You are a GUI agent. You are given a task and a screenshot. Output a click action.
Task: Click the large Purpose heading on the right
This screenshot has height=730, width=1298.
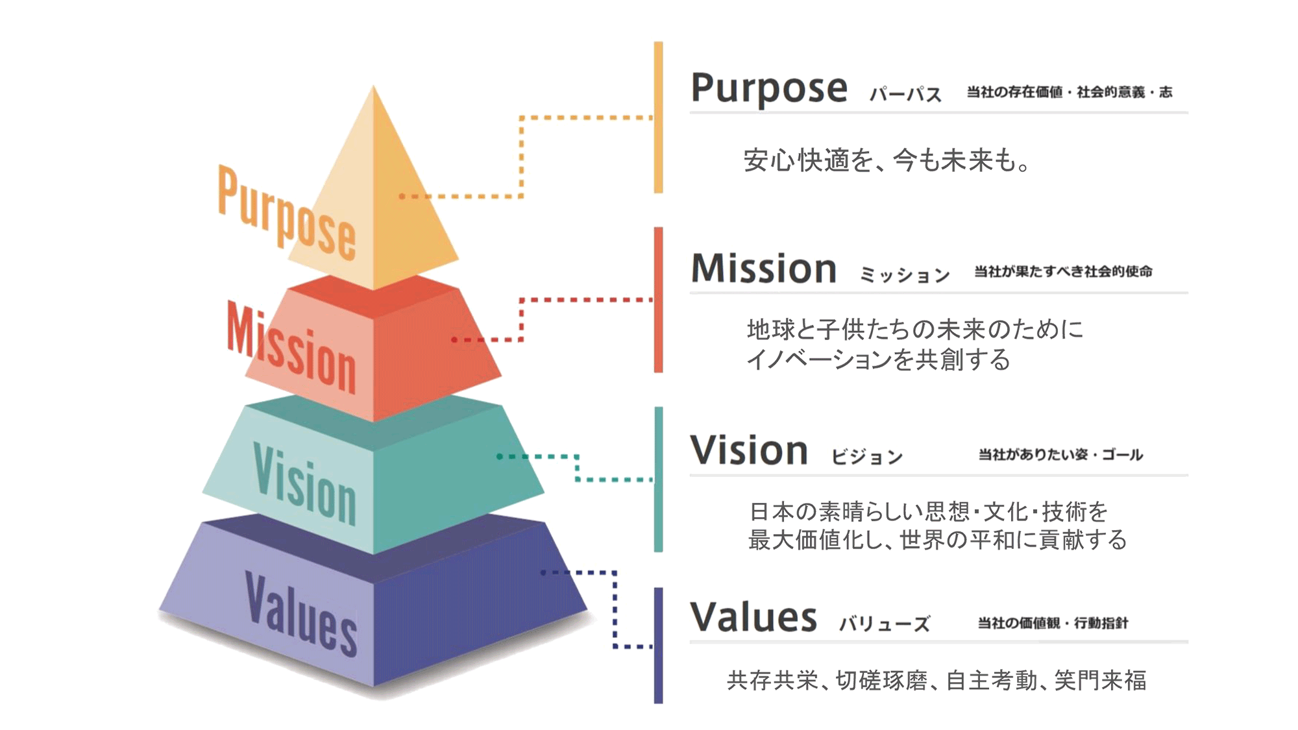click(769, 89)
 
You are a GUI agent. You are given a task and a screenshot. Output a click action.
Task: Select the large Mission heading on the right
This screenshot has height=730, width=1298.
click(764, 269)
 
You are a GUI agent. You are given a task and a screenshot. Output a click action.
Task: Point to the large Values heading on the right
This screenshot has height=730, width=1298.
click(753, 617)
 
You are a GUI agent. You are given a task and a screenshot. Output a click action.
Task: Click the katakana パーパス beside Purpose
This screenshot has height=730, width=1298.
click(905, 95)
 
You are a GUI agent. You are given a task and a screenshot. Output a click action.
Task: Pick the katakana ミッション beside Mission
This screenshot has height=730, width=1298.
click(905, 275)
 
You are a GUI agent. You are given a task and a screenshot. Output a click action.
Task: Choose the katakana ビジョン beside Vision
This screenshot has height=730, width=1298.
click(867, 457)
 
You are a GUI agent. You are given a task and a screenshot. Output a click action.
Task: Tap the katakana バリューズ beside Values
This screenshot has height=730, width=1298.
click(885, 624)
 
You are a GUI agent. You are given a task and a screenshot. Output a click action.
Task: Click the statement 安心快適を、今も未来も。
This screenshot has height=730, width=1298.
click(887, 160)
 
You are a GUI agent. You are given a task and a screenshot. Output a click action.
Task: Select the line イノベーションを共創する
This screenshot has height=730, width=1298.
click(878, 359)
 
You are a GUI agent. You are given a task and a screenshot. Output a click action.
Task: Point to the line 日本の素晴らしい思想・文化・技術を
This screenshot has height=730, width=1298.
click(928, 512)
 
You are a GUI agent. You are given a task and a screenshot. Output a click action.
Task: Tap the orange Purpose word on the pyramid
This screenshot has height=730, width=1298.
click(287, 212)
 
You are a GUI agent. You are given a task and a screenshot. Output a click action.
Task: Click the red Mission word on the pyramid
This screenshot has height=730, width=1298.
click(291, 348)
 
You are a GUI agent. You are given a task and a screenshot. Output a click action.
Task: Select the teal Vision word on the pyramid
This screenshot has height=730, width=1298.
click(304, 484)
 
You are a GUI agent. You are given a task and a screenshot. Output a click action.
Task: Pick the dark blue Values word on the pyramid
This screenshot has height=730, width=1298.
click(301, 614)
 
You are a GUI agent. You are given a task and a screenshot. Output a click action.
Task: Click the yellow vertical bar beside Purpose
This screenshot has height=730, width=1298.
click(658, 117)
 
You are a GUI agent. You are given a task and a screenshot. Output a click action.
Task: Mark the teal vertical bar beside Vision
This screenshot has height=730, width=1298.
click(658, 480)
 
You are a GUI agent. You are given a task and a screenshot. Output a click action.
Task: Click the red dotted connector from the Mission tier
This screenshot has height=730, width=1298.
click(521, 319)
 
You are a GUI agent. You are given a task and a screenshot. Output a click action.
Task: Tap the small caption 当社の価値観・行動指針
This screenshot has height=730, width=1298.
click(1053, 623)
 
